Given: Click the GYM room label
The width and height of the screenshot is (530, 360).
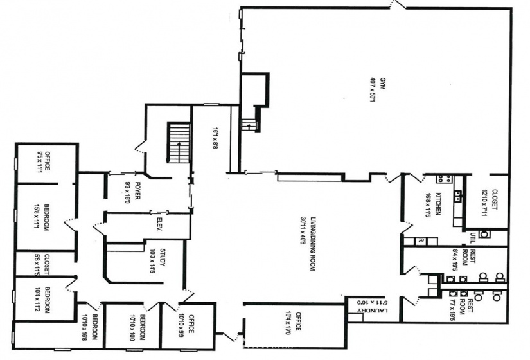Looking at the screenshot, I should click(x=383, y=84).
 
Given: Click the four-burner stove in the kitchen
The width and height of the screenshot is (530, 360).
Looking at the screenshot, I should click(x=442, y=179).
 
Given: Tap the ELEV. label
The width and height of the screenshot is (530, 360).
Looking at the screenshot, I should click(x=160, y=225).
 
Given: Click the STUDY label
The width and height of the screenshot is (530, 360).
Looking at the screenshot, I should click(x=163, y=257).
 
